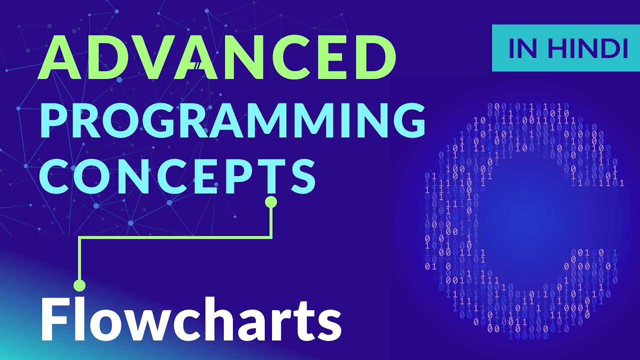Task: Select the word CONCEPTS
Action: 177,173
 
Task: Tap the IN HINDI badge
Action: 565,48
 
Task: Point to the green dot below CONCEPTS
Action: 271,202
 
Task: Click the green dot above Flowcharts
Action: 79,285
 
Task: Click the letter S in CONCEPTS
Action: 300,173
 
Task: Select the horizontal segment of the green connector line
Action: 175,238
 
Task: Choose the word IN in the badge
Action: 520,48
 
